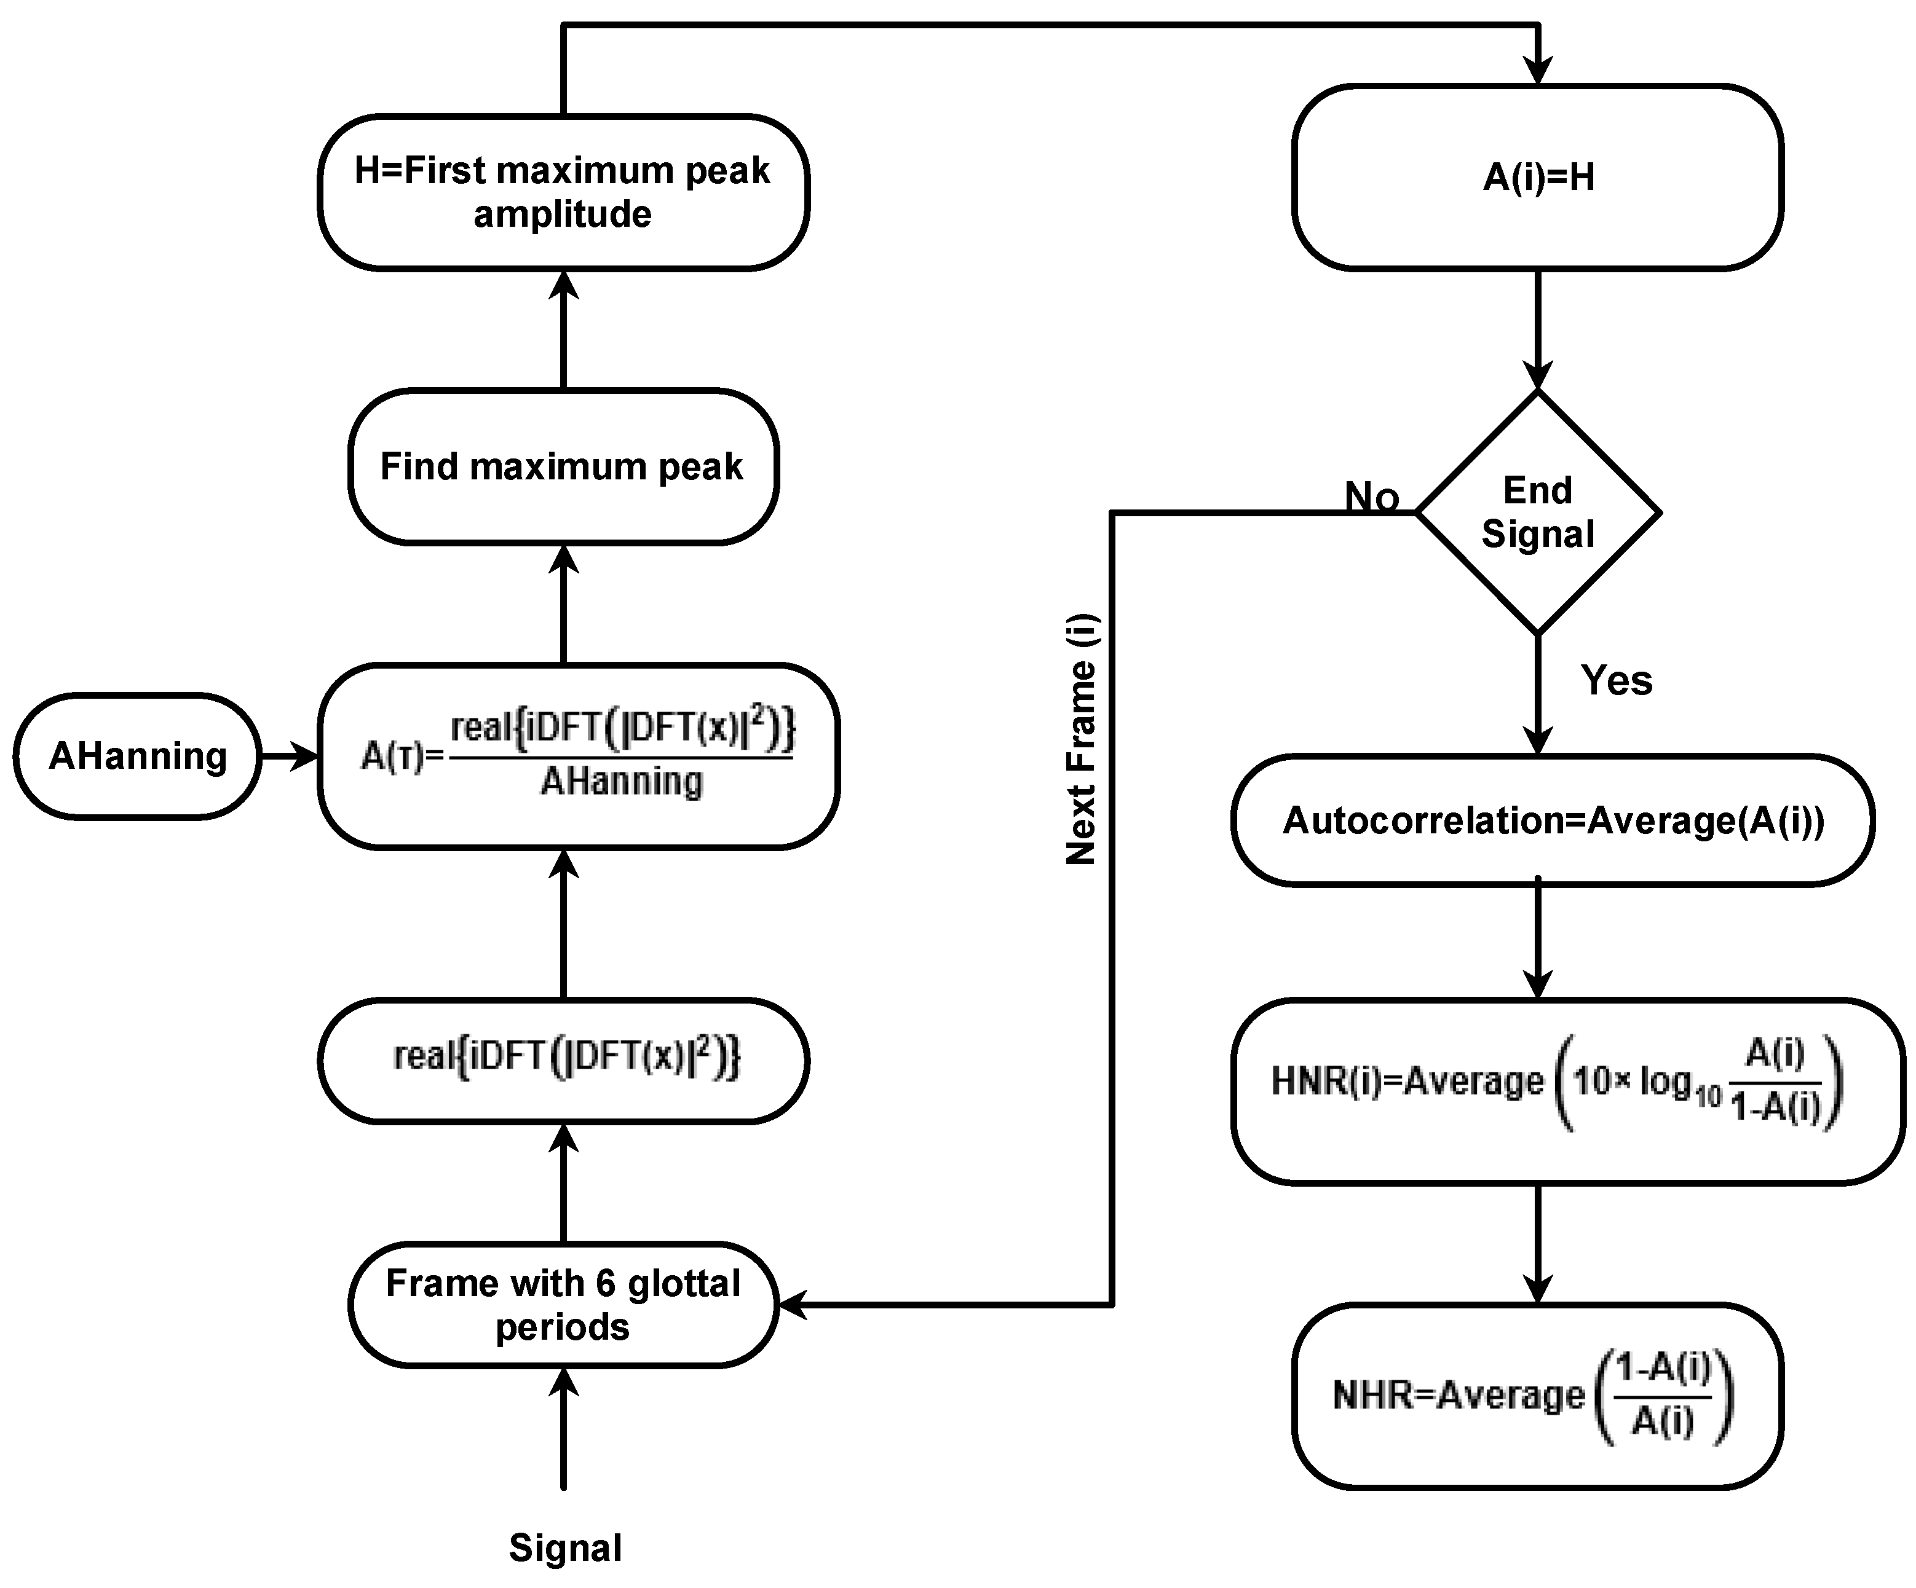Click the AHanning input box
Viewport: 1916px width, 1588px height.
137,756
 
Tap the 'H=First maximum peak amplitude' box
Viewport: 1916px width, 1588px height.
563,192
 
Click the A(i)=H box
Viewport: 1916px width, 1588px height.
1537,178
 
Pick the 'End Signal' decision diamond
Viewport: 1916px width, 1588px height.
1537,513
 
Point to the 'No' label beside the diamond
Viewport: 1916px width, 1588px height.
1371,497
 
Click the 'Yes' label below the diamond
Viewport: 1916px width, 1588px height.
1616,680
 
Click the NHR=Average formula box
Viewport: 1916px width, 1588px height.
1537,1396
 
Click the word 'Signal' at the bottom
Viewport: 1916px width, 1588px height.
564,1548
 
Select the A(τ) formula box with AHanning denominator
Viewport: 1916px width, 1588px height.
577,756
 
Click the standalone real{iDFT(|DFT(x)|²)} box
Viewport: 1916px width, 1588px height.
563,1059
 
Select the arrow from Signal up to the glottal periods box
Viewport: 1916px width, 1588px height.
564,1432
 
